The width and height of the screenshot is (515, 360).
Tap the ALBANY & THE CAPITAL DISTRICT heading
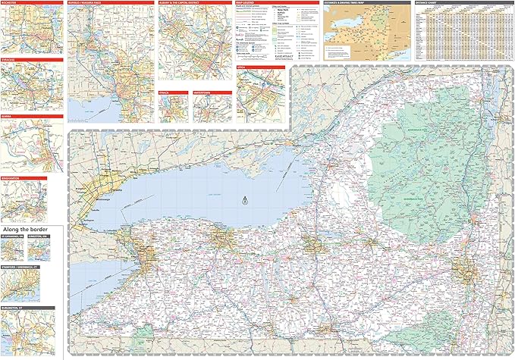pyautogui.click(x=180, y=4)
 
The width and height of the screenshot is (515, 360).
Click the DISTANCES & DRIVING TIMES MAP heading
pyautogui.click(x=345, y=4)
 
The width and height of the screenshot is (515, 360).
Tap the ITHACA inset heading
pyautogui.click(x=165, y=91)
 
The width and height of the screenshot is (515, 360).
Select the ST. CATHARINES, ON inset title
pyautogui.click(x=13, y=236)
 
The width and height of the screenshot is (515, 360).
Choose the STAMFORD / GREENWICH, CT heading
pyautogui.click(x=18, y=267)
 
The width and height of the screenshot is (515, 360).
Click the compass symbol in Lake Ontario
pyautogui.click(x=244, y=201)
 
